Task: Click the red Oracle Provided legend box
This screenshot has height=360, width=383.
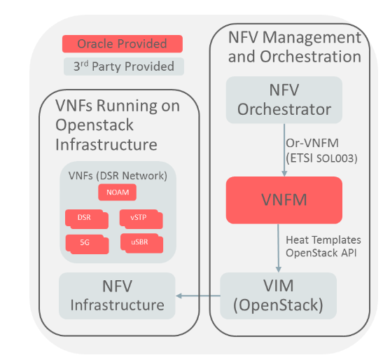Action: coord(122,44)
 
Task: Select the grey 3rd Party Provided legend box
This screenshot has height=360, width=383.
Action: coord(123,67)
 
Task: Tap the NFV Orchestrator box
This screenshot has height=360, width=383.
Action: coord(284,99)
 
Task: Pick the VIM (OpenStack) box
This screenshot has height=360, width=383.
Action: coord(279,296)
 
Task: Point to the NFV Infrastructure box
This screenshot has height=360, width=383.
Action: coord(116,296)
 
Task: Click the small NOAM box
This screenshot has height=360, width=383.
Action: coord(118,192)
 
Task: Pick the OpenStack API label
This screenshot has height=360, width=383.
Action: coord(319,253)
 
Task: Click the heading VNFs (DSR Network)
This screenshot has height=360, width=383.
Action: coord(116,173)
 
